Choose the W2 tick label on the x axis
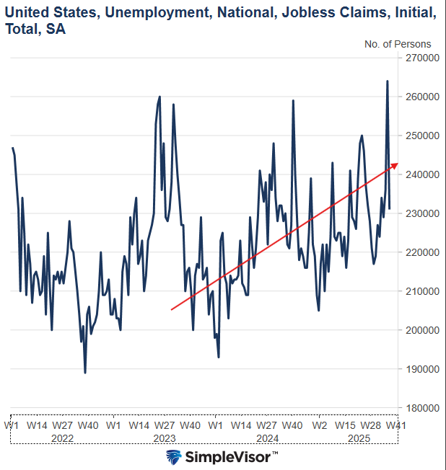(320, 425)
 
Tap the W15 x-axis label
(346, 425)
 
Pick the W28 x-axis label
(371, 425)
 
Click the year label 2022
(63, 438)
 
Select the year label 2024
(268, 438)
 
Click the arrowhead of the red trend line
(395, 165)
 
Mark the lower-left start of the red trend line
(171, 310)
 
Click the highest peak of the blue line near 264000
(388, 81)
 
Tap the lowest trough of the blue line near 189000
(85, 372)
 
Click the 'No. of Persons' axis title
(398, 44)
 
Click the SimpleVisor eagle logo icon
(173, 457)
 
